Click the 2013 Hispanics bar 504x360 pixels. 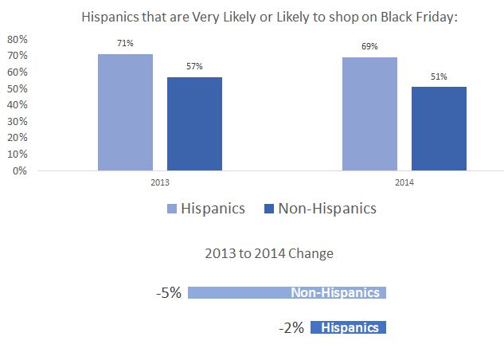pos(125,112)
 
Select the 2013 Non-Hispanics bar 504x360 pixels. pos(194,123)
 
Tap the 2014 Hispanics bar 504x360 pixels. pos(369,114)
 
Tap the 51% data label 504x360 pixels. pos(439,77)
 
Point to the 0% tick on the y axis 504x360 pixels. pos(19,170)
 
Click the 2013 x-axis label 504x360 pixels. pos(160,182)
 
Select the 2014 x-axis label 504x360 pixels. pos(404,182)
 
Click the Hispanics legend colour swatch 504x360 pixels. pos(172,209)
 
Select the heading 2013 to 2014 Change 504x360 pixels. pos(269,254)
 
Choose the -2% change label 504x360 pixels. pos(291,327)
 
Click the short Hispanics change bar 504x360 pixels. pos(348,327)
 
